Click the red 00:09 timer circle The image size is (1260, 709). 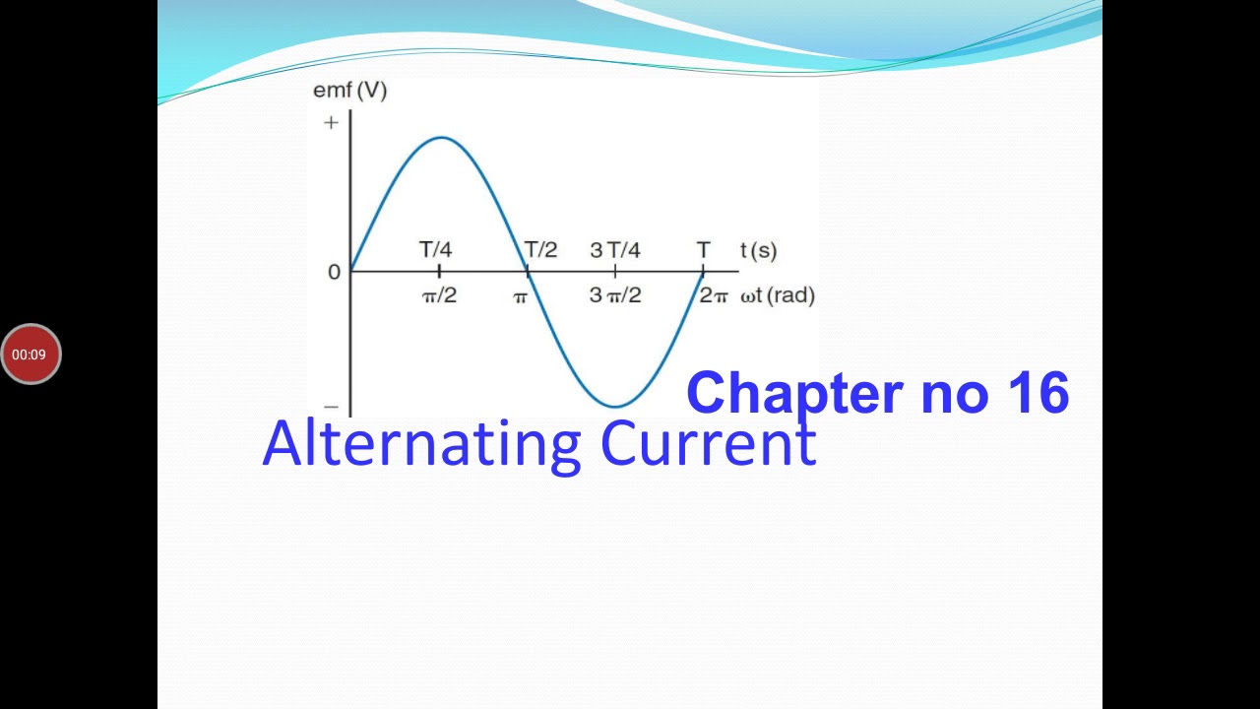(x=31, y=354)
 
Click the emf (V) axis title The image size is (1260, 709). (x=349, y=91)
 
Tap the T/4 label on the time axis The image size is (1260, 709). (x=436, y=249)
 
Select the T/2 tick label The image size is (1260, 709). (x=540, y=249)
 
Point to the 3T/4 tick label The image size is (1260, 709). (x=615, y=250)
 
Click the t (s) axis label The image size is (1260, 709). (x=759, y=250)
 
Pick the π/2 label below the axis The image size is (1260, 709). (x=439, y=295)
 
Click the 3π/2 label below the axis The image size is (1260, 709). (x=615, y=295)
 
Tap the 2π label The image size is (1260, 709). (x=714, y=295)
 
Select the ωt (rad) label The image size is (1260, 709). (x=778, y=295)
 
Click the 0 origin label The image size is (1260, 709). (x=334, y=272)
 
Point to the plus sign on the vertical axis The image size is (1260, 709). (x=331, y=122)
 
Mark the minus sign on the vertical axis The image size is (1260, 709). (x=331, y=406)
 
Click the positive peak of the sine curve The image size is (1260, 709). (x=441, y=137)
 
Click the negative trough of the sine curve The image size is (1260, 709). (x=615, y=406)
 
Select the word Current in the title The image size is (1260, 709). (x=708, y=445)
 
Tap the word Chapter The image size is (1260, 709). (x=794, y=392)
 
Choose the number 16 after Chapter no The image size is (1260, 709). (x=1038, y=392)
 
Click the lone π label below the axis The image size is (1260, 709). (x=521, y=296)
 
